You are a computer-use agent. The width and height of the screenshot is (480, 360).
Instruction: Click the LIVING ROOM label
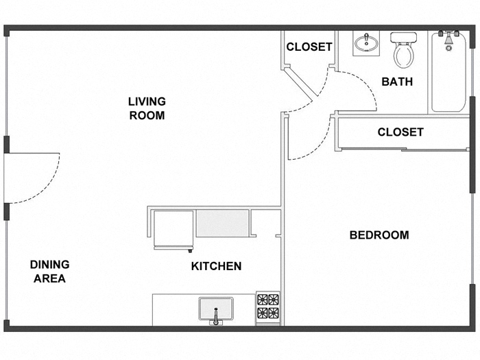click(x=147, y=108)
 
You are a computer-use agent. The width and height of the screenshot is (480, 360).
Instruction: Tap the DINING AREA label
click(x=49, y=272)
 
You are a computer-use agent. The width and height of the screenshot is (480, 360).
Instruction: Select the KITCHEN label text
click(x=216, y=266)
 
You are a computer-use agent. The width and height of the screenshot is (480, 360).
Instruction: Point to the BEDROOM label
click(x=379, y=235)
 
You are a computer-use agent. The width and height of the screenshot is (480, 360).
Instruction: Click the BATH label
click(x=397, y=82)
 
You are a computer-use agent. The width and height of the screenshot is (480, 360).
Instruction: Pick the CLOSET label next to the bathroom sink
click(x=309, y=47)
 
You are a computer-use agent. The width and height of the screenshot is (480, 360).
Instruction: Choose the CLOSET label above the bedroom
click(x=400, y=132)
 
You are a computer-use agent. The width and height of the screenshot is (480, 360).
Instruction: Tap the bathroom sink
click(x=368, y=44)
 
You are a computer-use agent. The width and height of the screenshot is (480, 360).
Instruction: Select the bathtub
click(x=449, y=74)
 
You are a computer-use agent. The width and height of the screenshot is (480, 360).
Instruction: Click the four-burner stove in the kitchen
click(x=268, y=307)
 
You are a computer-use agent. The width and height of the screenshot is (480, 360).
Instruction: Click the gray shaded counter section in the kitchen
click(x=222, y=224)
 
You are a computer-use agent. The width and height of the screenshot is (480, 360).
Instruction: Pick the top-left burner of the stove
click(x=263, y=300)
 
